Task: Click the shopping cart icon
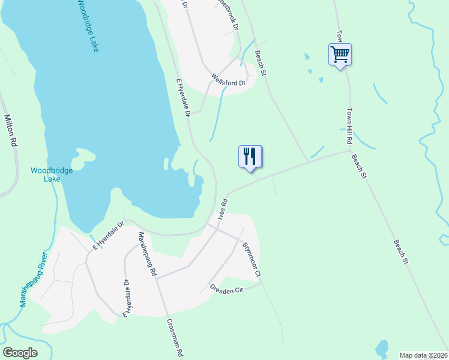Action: (340, 55)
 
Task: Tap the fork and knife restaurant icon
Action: (250, 157)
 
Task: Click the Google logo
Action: (20, 353)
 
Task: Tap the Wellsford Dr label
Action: (229, 80)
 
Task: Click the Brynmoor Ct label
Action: (252, 259)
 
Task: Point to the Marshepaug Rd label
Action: (147, 253)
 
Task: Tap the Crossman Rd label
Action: (174, 337)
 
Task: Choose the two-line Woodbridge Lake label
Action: (52, 175)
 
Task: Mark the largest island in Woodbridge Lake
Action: (83, 158)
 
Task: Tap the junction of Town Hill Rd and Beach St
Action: (349, 151)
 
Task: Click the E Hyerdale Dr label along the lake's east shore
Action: (183, 96)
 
